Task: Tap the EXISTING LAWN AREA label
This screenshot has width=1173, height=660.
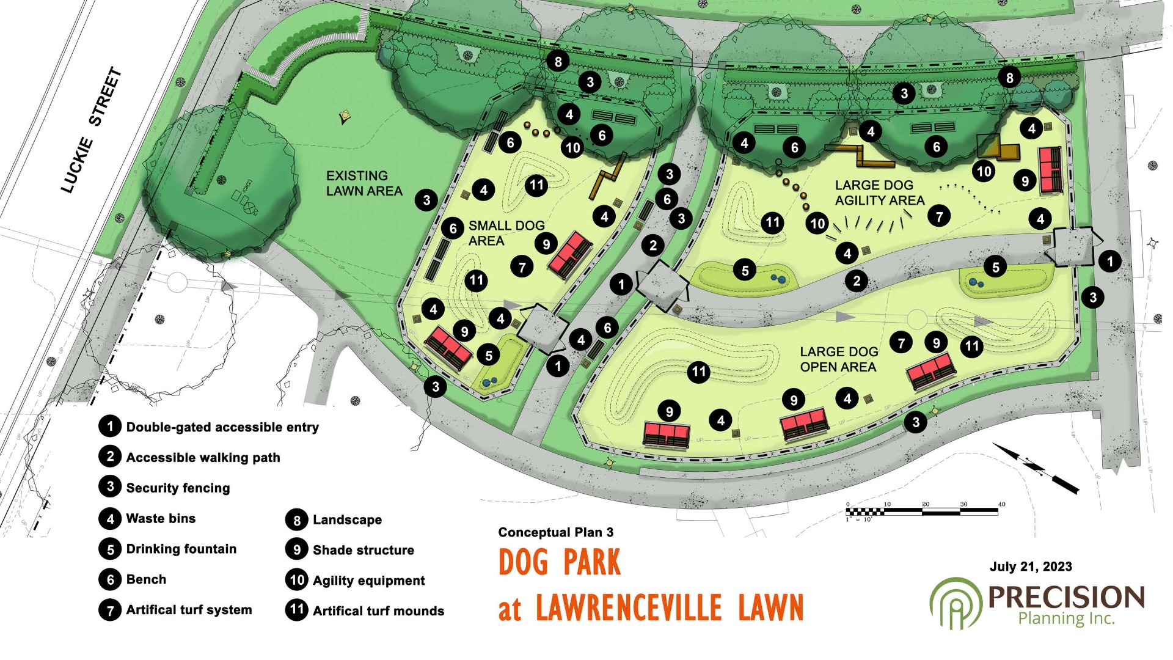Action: click(364, 183)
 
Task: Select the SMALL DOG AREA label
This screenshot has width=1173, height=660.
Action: click(506, 233)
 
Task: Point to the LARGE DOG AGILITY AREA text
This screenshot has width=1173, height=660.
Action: click(879, 193)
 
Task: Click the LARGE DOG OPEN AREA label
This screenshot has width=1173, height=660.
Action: click(839, 359)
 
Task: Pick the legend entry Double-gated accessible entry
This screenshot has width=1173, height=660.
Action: click(222, 427)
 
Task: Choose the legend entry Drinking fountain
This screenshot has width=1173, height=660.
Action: click(181, 549)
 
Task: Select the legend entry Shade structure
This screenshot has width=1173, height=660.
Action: click(363, 550)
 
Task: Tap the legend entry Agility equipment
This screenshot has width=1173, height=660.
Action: click(368, 581)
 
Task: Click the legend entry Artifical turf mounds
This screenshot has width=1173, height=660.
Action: click(378, 611)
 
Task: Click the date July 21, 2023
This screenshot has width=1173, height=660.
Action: click(1031, 566)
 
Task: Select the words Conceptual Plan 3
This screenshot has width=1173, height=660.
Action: click(555, 532)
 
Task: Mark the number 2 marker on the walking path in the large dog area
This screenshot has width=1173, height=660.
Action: click(857, 281)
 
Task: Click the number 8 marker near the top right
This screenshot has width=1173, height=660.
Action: click(1009, 78)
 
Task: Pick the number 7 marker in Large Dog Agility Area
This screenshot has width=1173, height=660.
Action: click(939, 216)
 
